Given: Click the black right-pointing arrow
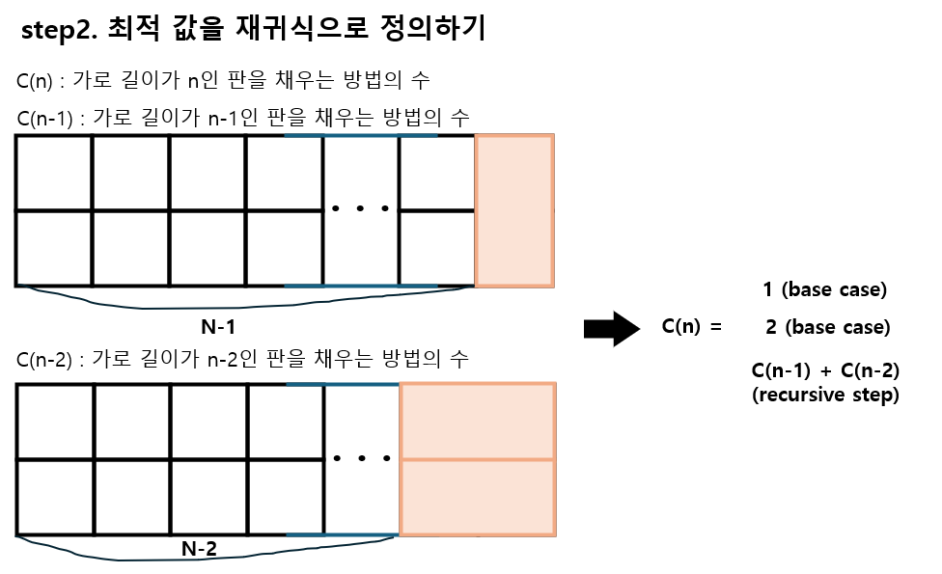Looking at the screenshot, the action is [x=612, y=329].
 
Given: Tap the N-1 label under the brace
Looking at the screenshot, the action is [x=219, y=326].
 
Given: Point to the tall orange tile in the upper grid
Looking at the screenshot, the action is [x=514, y=211].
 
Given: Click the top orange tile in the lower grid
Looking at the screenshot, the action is [x=478, y=422].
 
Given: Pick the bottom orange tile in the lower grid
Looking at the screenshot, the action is [x=478, y=497].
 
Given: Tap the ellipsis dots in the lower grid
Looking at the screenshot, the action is [x=360, y=458].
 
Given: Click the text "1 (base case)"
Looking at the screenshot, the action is [x=824, y=289].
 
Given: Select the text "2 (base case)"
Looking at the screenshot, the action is [x=826, y=327].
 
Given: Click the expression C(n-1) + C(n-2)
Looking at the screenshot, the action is [x=825, y=371].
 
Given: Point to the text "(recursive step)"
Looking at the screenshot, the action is [x=825, y=395].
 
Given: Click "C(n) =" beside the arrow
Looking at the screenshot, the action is [x=691, y=326].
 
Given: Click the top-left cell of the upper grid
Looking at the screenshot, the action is [x=54, y=174].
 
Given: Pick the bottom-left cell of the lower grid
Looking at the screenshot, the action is [x=55, y=497].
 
